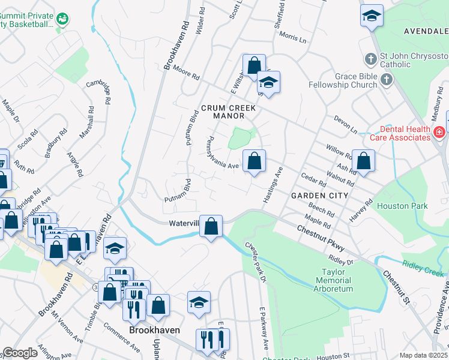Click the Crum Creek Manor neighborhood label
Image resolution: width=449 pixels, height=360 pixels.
(x=228, y=108)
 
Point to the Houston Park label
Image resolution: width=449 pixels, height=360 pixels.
(x=402, y=206)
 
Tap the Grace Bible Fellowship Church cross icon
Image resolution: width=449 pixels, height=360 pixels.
(x=386, y=79)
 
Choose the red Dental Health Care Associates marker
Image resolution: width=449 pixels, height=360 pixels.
(x=439, y=131)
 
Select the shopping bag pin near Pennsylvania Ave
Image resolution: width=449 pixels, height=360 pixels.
(x=255, y=161)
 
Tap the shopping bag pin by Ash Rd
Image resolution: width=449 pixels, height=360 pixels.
(x=363, y=161)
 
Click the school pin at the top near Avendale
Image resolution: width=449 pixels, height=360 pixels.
(x=372, y=16)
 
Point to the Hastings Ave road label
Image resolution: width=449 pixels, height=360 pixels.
(x=273, y=184)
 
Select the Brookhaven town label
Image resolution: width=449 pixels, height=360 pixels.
(x=152, y=331)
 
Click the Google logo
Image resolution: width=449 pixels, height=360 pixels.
(x=20, y=353)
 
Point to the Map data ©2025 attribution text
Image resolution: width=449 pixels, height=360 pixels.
(x=423, y=355)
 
